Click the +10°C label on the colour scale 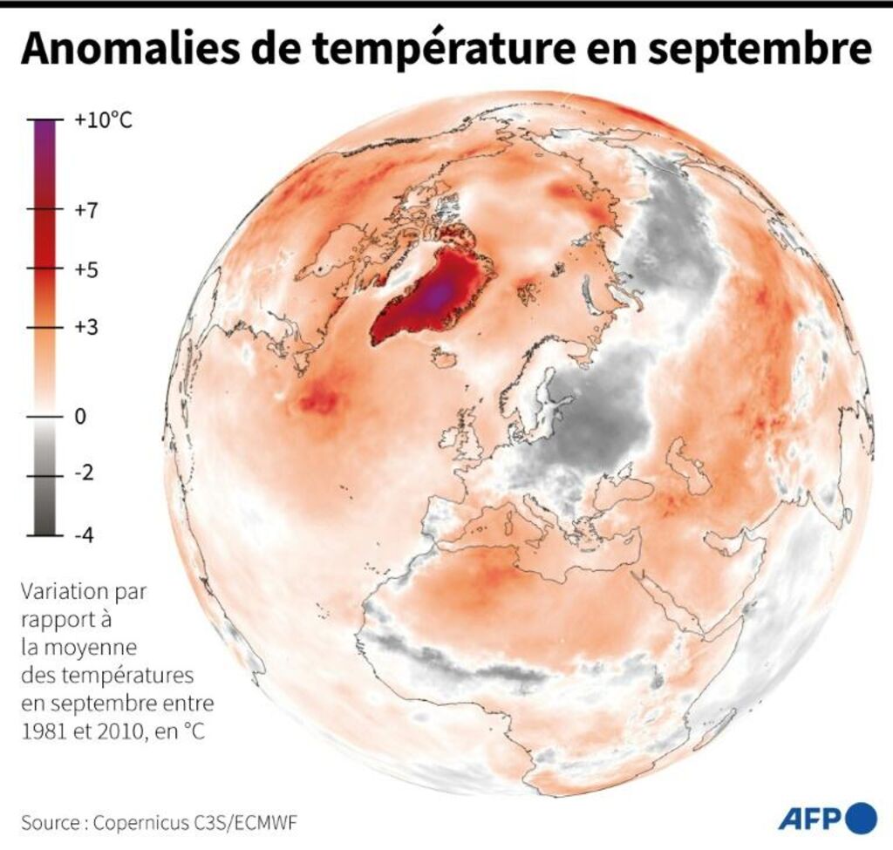[x=104, y=120]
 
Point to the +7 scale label [x=87, y=210]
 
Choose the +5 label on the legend [x=87, y=269]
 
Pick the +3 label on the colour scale [x=87, y=328]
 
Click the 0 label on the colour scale [x=81, y=417]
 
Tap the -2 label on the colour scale [x=85, y=475]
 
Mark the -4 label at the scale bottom [x=85, y=534]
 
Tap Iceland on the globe [x=444, y=357]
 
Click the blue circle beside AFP [x=861, y=818]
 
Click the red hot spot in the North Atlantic [x=320, y=400]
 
